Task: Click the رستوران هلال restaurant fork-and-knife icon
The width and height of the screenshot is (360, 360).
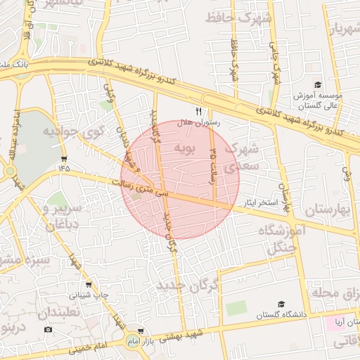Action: pyautogui.click(x=198, y=111)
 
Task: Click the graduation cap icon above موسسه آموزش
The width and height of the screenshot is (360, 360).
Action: pyautogui.click(x=318, y=85)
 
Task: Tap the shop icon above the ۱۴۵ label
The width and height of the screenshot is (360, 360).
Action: pyautogui.click(x=65, y=157)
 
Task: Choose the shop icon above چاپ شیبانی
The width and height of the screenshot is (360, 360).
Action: pyautogui.click(x=88, y=285)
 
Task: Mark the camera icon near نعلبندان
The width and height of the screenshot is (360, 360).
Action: pyautogui.click(x=48, y=329)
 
